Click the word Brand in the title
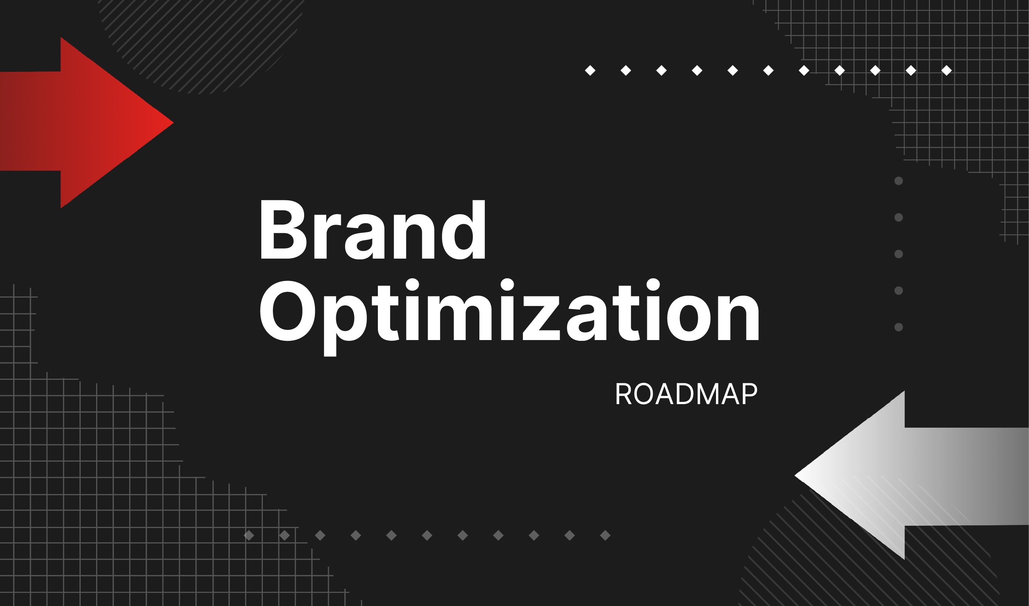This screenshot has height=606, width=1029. point(373,229)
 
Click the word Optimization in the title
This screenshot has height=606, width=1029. point(509,317)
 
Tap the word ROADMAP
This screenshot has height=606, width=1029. point(686,394)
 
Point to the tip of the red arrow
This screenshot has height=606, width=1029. point(174,122)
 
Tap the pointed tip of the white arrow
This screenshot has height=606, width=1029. point(795,475)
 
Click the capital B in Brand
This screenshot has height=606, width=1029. point(283,230)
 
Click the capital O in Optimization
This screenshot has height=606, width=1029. point(288,311)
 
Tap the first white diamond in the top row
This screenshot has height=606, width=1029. point(590,71)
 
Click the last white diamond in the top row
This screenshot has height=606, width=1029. point(946,71)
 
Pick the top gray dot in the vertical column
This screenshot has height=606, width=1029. point(898,181)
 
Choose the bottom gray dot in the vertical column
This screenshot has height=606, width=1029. point(898,327)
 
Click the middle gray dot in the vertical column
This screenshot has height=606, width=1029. point(898,254)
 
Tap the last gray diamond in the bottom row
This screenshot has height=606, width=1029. point(605,535)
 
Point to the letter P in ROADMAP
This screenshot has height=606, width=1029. point(750,394)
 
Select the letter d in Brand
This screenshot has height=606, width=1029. point(464,230)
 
